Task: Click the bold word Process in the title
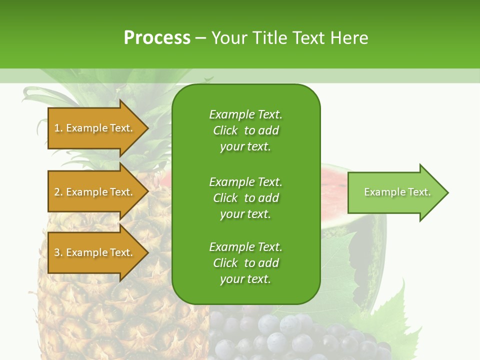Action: (157, 38)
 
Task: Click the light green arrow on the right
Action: (392, 192)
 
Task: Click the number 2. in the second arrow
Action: (58, 192)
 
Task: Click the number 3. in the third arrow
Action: (58, 252)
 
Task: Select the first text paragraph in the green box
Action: (245, 130)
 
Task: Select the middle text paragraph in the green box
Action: (245, 198)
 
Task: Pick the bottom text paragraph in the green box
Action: (245, 263)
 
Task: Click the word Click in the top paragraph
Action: (225, 130)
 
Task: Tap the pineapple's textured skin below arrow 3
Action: (100, 310)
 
